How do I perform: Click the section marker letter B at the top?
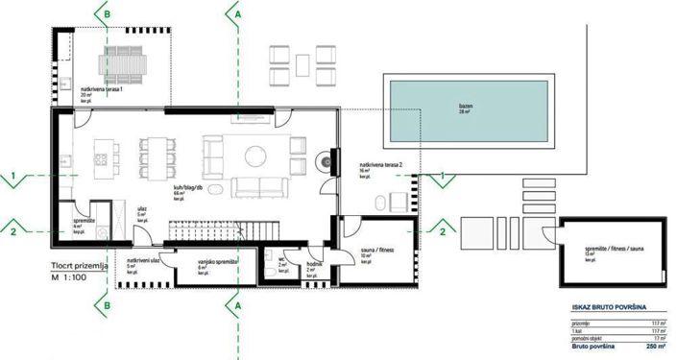(107, 14)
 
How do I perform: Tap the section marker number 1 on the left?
(14, 176)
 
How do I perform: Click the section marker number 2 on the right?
(442, 230)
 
